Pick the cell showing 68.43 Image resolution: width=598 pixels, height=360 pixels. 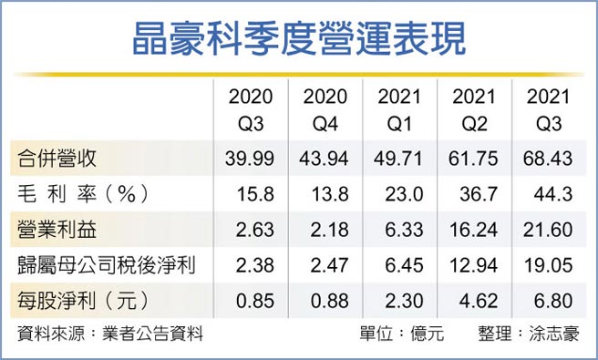point(544,159)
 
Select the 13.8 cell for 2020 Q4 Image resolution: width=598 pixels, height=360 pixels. point(324,192)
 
